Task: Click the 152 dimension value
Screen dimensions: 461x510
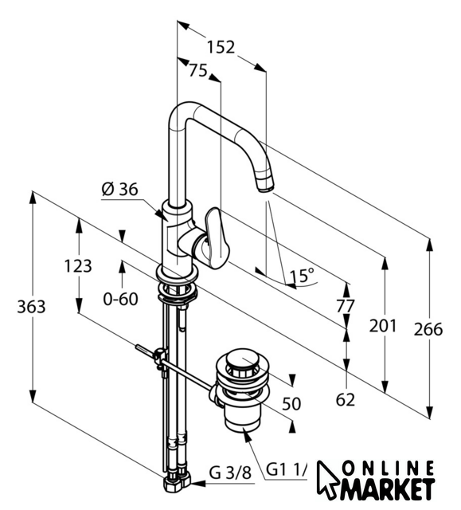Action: click(221, 47)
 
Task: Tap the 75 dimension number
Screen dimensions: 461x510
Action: click(197, 71)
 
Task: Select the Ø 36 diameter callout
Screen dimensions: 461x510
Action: click(119, 190)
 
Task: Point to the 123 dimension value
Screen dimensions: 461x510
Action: click(78, 266)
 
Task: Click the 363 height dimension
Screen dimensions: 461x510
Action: click(31, 307)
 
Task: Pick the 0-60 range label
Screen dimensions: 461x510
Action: click(120, 299)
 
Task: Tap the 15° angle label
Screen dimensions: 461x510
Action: click(302, 276)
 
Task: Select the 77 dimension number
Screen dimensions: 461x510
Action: click(345, 306)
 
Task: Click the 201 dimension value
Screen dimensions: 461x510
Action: click(383, 326)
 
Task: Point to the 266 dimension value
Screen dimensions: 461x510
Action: click(428, 329)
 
